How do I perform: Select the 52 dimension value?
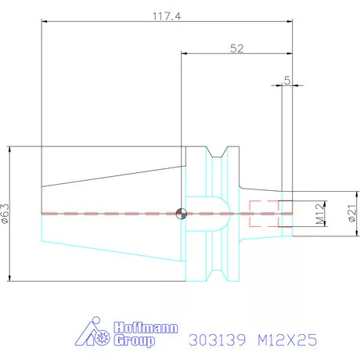(x=237, y=48)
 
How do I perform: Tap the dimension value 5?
(x=287, y=80)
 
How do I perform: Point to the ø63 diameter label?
(x=5, y=214)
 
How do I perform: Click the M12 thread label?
(x=320, y=213)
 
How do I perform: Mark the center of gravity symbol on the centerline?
(x=182, y=213)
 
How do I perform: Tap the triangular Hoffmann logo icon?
(x=94, y=335)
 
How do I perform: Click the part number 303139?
(x=217, y=340)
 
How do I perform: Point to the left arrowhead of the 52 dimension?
(x=185, y=54)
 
